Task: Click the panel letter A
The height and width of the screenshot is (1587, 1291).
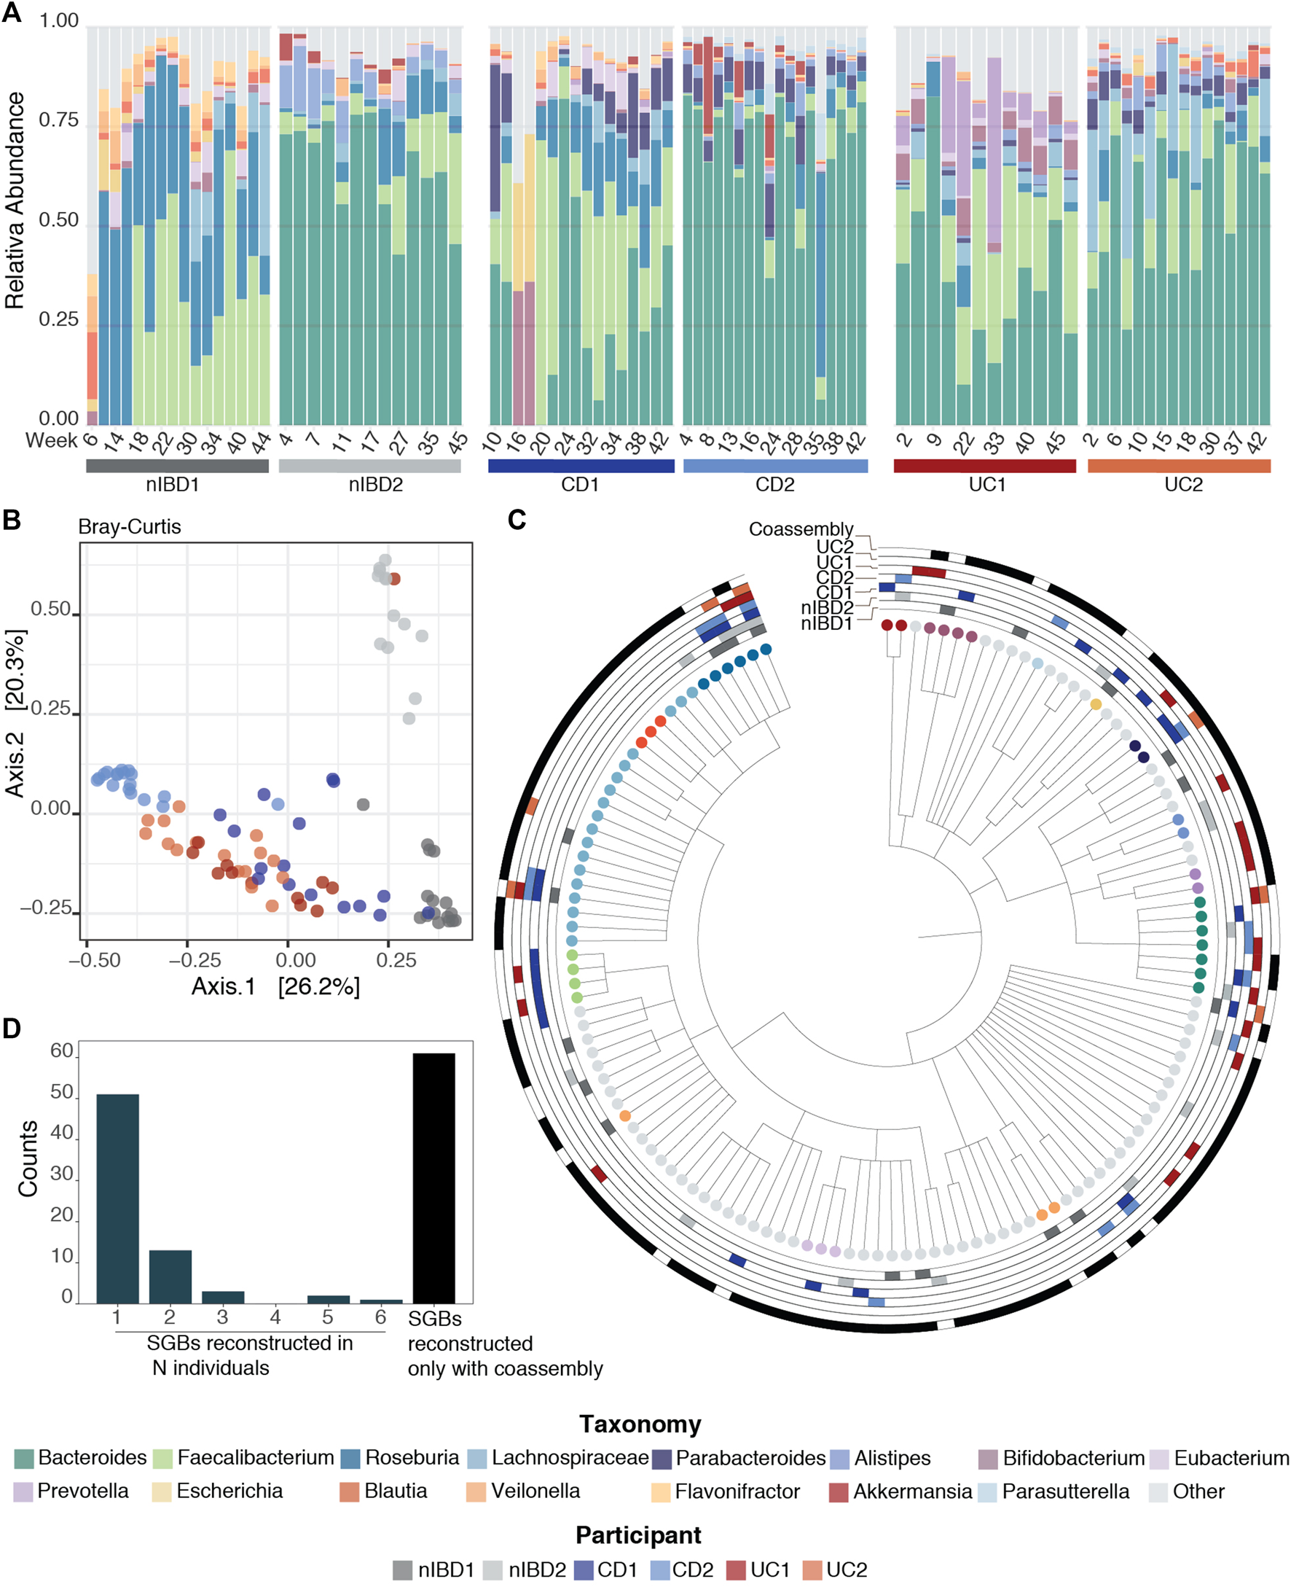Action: (x=11, y=12)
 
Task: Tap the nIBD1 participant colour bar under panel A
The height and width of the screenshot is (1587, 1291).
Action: (x=177, y=466)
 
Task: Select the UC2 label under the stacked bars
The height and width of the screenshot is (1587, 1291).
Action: (x=1183, y=485)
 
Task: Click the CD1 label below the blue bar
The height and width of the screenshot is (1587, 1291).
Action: (x=580, y=485)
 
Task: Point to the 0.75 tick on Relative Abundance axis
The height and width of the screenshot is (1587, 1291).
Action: (x=59, y=120)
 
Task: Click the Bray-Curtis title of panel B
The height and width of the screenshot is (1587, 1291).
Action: (x=130, y=527)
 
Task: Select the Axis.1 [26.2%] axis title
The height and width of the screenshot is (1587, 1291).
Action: (x=275, y=986)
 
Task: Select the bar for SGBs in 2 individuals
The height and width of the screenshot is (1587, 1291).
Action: (x=170, y=1276)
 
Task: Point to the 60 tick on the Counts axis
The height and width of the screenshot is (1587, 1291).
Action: (x=62, y=1051)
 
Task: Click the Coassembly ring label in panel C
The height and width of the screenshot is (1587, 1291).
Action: (x=800, y=529)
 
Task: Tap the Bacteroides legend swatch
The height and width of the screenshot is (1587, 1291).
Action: (x=24, y=1458)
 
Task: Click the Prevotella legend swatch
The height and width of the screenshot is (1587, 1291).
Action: (x=24, y=1492)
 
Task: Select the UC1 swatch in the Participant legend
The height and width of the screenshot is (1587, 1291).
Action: (x=736, y=1570)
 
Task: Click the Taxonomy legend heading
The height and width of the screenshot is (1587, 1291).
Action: (x=640, y=1424)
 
